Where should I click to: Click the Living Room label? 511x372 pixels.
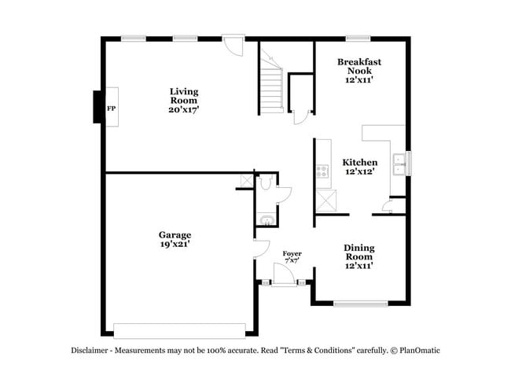(184, 91)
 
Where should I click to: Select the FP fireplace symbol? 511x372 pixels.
(111, 108)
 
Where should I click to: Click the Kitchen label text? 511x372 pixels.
(359, 162)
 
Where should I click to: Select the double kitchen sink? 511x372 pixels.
(399, 164)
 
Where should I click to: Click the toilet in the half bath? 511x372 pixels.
(267, 182)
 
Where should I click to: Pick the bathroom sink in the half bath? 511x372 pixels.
(267, 219)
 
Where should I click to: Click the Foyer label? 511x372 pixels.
(292, 253)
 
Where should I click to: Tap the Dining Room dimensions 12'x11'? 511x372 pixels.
(358, 266)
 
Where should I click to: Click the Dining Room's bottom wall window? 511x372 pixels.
(360, 304)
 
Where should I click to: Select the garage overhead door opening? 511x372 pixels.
(179, 330)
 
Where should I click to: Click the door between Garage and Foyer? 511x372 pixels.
(261, 250)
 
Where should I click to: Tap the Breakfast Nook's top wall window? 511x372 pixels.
(358, 37)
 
